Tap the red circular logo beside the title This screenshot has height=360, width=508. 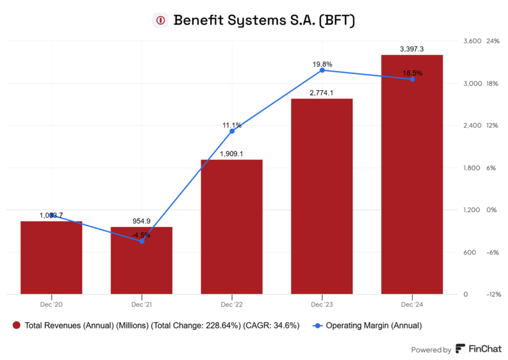pos(160,20)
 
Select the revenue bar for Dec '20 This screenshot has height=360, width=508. pos(51,257)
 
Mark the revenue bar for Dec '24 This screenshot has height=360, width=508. pos(412,174)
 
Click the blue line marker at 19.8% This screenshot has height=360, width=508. pos(322,70)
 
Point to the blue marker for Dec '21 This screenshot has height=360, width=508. pos(142,241)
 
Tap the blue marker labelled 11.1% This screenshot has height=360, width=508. pos(232,131)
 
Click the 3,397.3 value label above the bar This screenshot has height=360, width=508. pos(412,49)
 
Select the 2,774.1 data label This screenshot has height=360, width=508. pos(322,93)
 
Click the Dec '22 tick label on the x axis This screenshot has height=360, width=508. pos(232,303)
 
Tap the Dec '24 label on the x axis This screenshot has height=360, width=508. pos(412,303)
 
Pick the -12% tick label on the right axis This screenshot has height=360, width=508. pos(494,295)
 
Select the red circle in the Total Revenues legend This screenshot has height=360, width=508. pos(16,325)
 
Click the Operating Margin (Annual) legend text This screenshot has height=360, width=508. pos(374,325)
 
